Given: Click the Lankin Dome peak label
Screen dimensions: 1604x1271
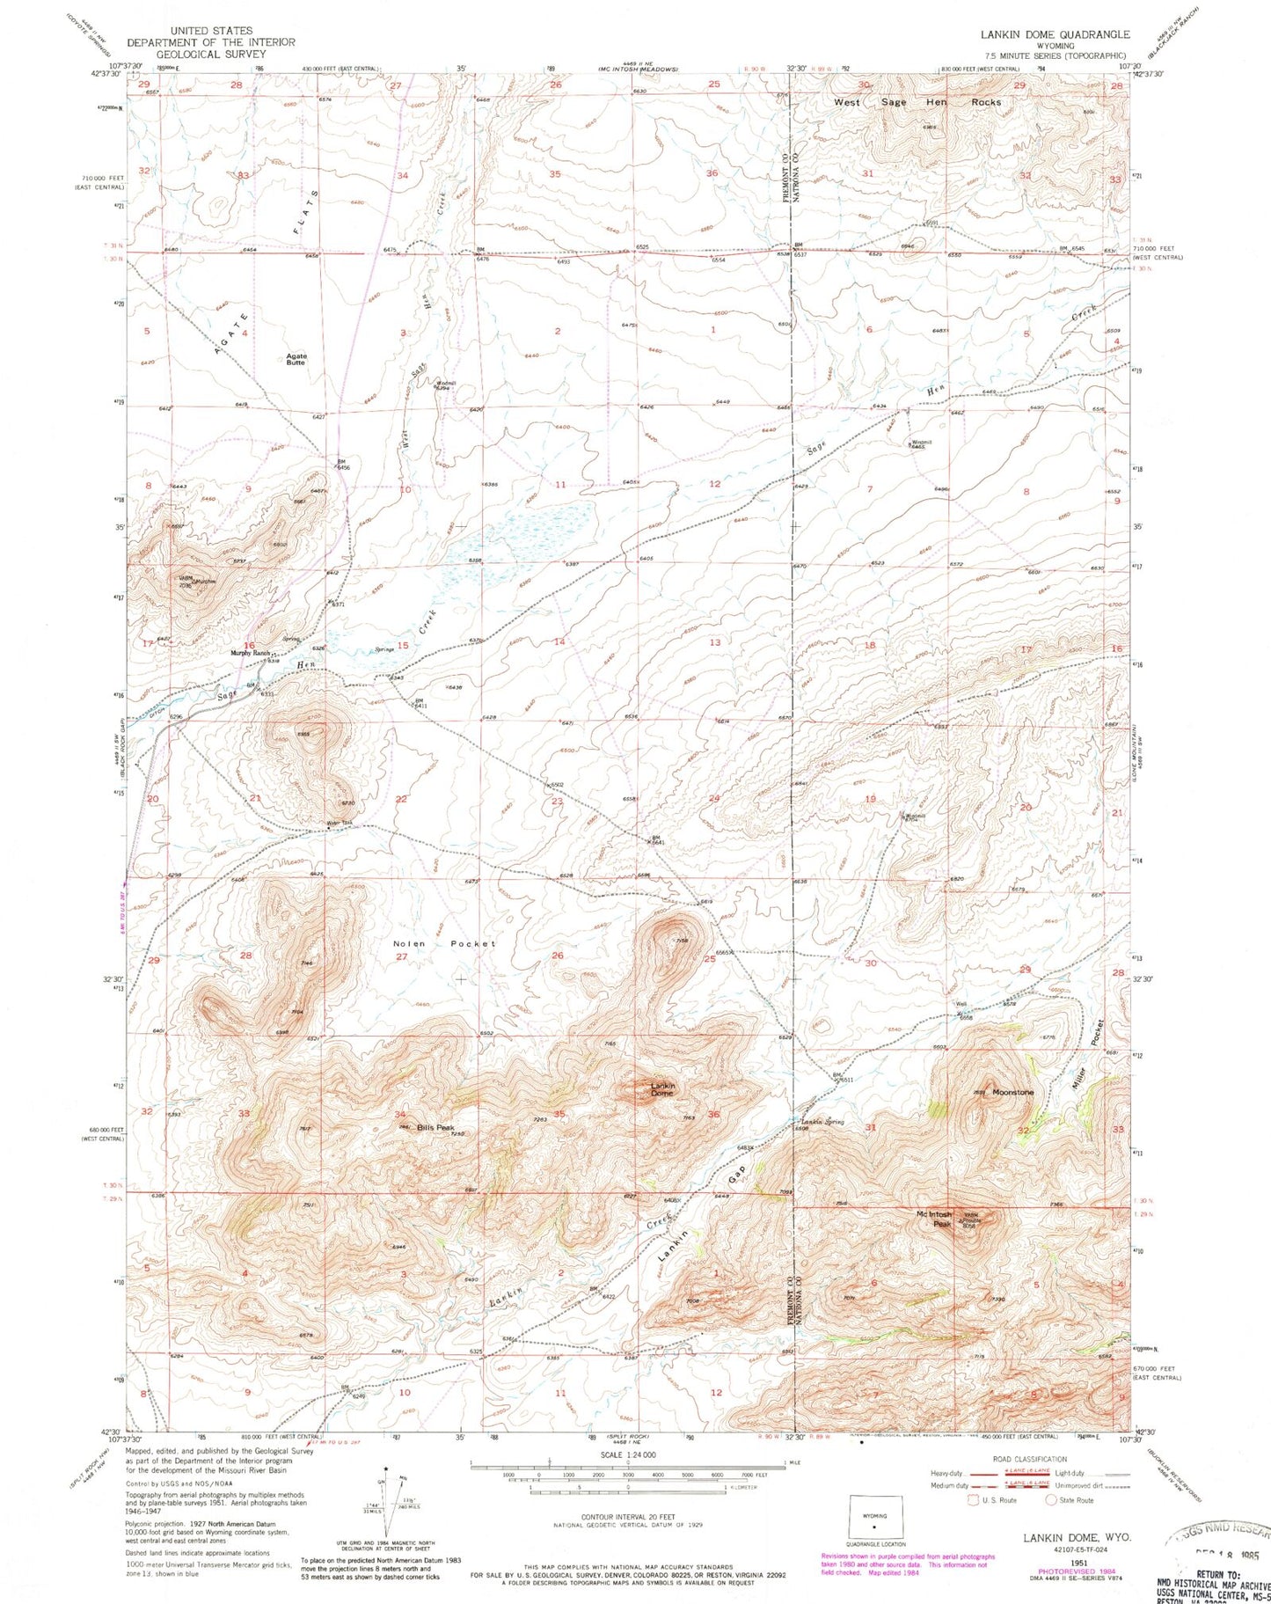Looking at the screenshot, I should pos(661,1089).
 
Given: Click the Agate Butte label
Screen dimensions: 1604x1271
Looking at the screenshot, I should pos(296,359).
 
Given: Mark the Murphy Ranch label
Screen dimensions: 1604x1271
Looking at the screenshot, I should pos(250,653).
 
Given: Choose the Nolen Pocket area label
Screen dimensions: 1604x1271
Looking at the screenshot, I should pos(444,943).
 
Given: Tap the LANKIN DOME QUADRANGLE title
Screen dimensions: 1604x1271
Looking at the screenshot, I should pos(1056,34).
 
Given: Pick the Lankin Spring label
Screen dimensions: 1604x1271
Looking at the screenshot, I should pos(822,1122).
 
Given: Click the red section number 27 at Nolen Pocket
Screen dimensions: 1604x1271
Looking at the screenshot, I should pos(401,956).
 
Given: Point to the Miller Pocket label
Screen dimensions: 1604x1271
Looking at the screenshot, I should pos(1087,1059).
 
